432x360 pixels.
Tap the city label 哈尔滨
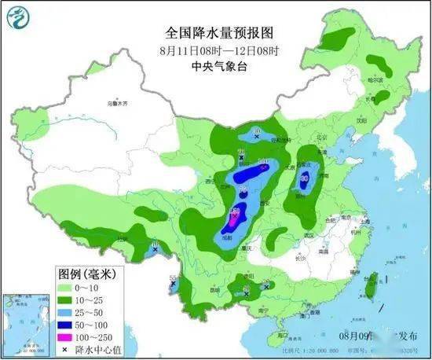point(378,81)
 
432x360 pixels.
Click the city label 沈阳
point(362,122)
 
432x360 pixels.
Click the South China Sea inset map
point(24,322)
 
